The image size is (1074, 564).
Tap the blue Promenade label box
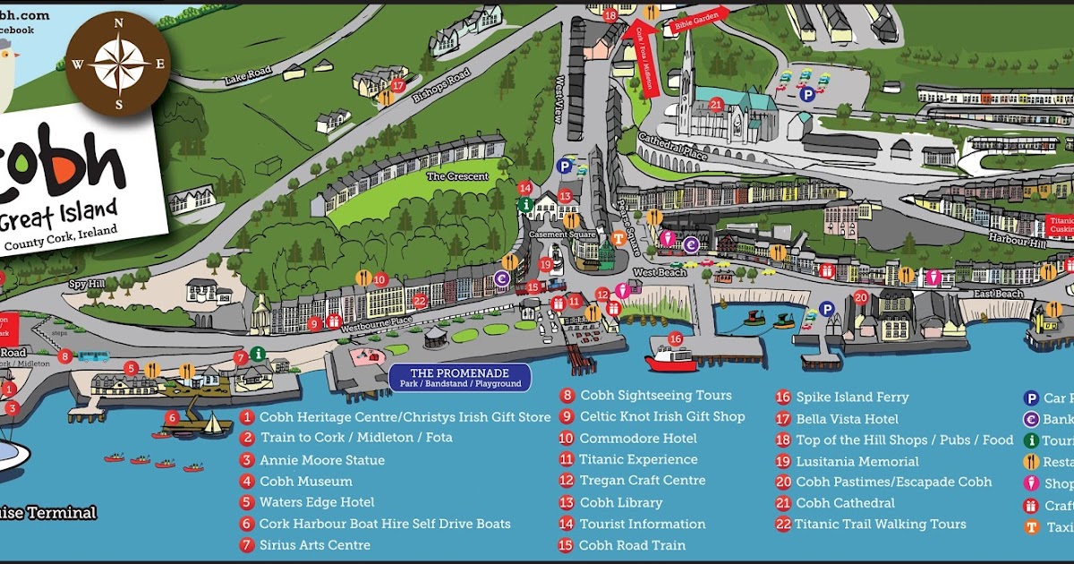(459, 378)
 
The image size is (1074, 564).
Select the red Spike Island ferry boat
(671, 358)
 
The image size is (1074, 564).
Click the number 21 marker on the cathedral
(715, 104)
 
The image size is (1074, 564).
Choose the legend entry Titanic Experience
(637, 460)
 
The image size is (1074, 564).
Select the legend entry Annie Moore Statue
(321, 460)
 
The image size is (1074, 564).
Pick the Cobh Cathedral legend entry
(844, 503)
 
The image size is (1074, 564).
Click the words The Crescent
(457, 176)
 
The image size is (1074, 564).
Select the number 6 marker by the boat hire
(172, 418)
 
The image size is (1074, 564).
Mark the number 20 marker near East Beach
(860, 297)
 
